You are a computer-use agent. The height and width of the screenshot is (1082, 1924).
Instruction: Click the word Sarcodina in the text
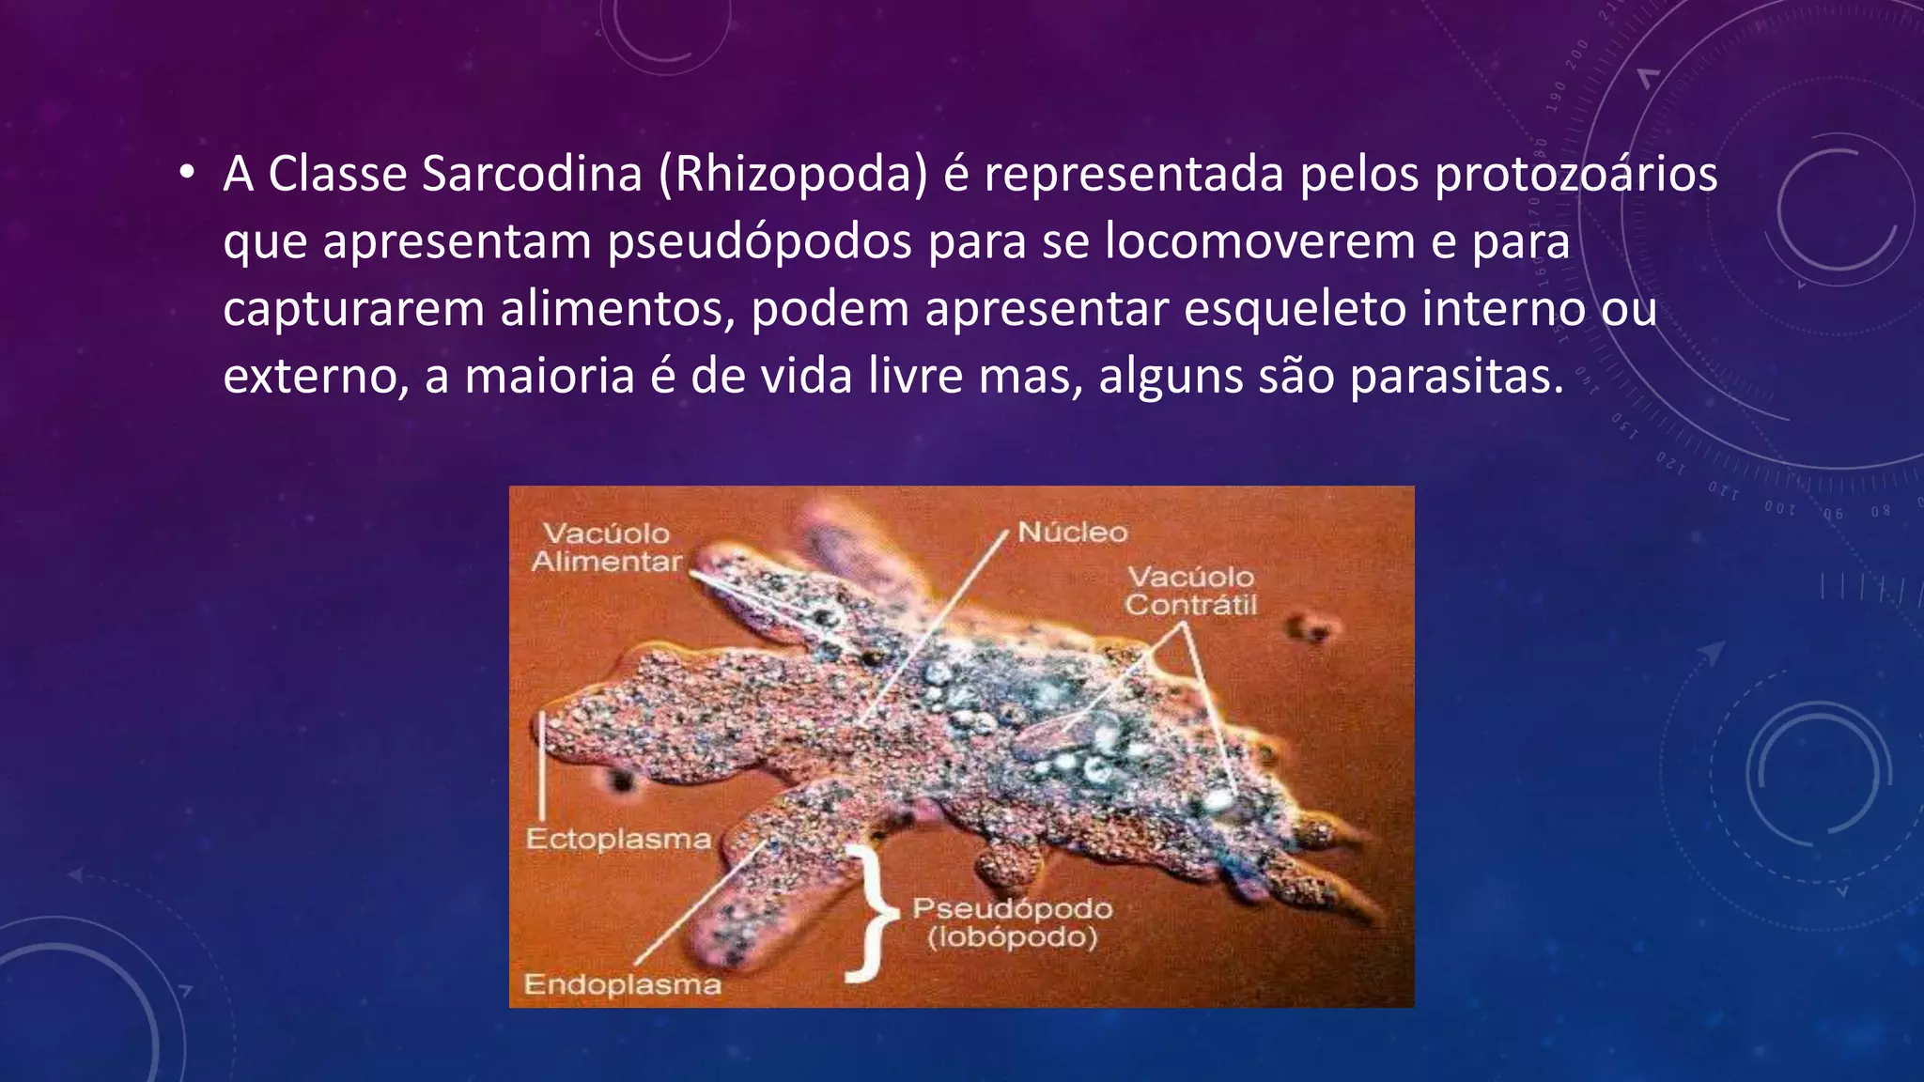pyautogui.click(x=532, y=174)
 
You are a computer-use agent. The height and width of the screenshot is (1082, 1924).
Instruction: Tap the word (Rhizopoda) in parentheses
pyautogui.click(x=793, y=176)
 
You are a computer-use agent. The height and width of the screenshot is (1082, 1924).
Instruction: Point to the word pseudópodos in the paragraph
pyautogui.click(x=759, y=243)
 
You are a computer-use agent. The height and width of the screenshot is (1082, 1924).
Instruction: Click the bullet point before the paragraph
pyautogui.click(x=187, y=172)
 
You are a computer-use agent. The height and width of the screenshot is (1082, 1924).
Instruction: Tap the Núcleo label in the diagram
pyautogui.click(x=1072, y=533)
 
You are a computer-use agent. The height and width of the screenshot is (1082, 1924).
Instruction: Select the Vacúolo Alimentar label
pyautogui.click(x=607, y=548)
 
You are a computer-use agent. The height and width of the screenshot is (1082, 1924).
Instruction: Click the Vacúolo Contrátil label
pyautogui.click(x=1190, y=591)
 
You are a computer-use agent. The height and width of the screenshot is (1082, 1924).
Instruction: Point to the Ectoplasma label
pyautogui.click(x=618, y=839)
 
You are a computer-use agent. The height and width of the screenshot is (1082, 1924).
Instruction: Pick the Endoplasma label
pyautogui.click(x=622, y=984)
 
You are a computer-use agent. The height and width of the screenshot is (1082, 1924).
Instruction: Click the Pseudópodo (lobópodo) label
pyautogui.click(x=1012, y=922)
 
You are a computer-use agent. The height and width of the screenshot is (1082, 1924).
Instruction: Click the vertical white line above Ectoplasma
pyautogui.click(x=542, y=765)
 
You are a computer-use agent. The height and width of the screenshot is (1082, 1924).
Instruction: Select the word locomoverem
pyautogui.click(x=1260, y=241)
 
